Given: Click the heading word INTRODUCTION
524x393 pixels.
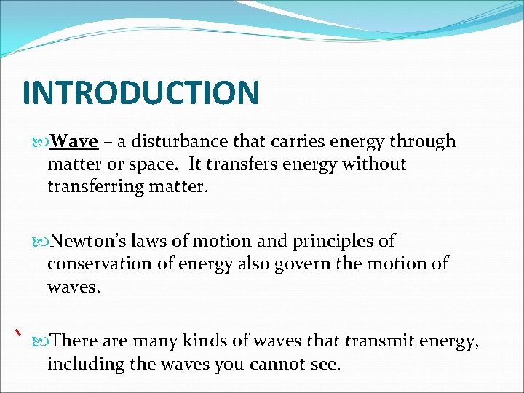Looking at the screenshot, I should click(140, 92).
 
